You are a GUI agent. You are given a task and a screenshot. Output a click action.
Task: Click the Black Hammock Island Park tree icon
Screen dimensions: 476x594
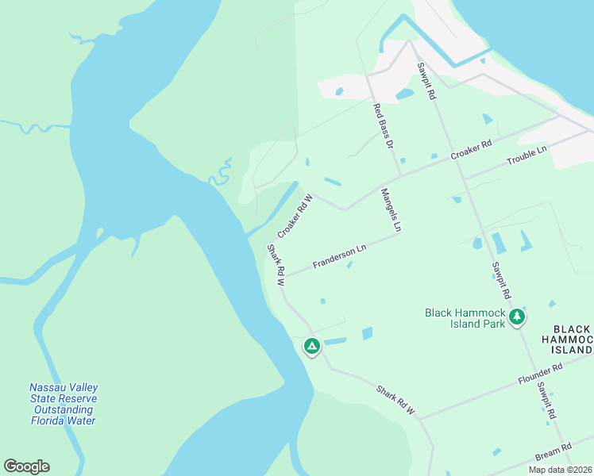tap(517, 317)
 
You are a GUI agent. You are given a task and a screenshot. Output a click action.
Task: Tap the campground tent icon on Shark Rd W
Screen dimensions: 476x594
tap(312, 347)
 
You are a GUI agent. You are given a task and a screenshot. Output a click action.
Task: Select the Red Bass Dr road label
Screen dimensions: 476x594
tap(384, 126)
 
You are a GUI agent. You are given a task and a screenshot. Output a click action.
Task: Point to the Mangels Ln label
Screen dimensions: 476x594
tap(391, 210)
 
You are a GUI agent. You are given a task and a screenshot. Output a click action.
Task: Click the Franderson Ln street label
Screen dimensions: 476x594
tap(339, 255)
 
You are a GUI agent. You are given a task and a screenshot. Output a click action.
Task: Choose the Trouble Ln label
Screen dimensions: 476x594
tap(527, 155)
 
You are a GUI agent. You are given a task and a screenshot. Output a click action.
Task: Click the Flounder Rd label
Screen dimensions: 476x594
tap(541, 374)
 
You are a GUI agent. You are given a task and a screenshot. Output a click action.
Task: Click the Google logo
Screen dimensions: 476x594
tap(26, 466)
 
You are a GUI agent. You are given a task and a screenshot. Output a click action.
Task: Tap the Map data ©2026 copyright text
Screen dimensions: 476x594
tap(561, 470)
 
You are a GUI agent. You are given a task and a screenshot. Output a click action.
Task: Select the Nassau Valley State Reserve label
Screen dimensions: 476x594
tap(64, 404)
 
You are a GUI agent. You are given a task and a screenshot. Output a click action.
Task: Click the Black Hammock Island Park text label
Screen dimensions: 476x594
tap(465, 318)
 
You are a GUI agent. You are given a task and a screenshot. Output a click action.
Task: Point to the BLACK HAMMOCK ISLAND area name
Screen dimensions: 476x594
tap(572, 339)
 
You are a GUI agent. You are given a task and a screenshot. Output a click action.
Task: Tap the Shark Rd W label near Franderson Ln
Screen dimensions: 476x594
tap(276, 265)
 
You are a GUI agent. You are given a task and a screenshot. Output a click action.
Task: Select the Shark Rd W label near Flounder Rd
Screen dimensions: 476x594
tap(396, 401)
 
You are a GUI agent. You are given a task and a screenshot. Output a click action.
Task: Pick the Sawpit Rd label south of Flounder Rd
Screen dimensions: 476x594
tap(545, 401)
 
